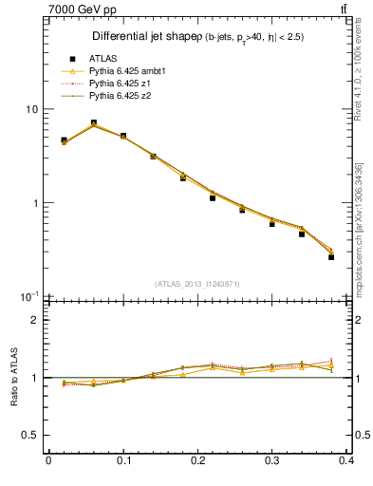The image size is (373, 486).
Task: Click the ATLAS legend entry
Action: pyautogui.click(x=103, y=59)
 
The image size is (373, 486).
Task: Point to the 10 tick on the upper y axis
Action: pyautogui.click(x=31, y=109)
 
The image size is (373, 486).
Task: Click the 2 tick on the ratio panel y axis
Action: pyautogui.click(x=36, y=320)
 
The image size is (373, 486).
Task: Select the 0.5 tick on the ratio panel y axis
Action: pyautogui.click(x=31, y=435)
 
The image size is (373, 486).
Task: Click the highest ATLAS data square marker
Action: pyautogui.click(x=93, y=122)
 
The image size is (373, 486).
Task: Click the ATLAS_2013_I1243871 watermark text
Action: pyautogui.click(x=196, y=285)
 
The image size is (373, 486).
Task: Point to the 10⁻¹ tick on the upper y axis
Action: pyautogui.click(x=29, y=297)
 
